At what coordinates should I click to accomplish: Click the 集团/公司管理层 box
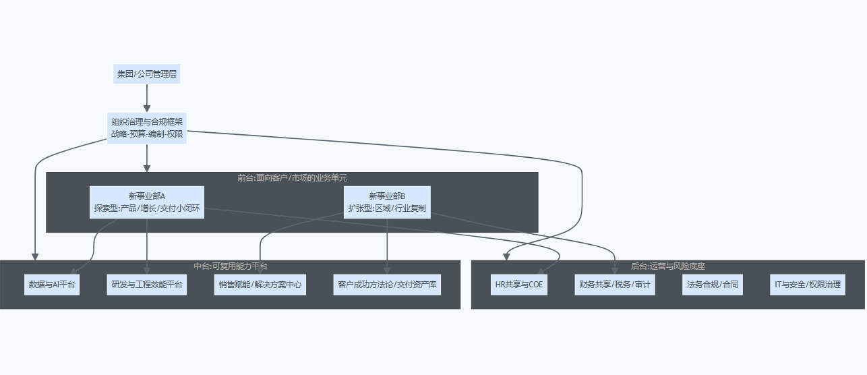[147, 74]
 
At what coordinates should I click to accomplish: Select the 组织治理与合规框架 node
[147, 127]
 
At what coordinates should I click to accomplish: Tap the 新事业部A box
[147, 202]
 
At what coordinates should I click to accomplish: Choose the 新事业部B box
[387, 202]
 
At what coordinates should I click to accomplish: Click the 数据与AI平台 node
[51, 285]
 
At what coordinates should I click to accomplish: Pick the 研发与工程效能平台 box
[147, 285]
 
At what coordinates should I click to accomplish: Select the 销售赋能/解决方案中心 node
[260, 285]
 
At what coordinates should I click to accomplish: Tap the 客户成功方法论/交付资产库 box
[387, 285]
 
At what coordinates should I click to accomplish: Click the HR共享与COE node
[518, 285]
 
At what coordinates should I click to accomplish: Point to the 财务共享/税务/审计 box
[614, 285]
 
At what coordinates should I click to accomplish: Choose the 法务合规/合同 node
[713, 285]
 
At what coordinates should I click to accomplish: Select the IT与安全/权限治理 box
[806, 285]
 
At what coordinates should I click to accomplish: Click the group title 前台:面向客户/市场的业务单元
[292, 178]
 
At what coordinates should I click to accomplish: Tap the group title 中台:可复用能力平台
[231, 266]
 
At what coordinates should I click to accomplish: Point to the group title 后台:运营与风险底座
[667, 266]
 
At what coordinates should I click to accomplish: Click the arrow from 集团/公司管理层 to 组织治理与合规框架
[147, 98]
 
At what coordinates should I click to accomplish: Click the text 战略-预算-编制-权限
[147, 134]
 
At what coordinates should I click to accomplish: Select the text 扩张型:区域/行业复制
[387, 208]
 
